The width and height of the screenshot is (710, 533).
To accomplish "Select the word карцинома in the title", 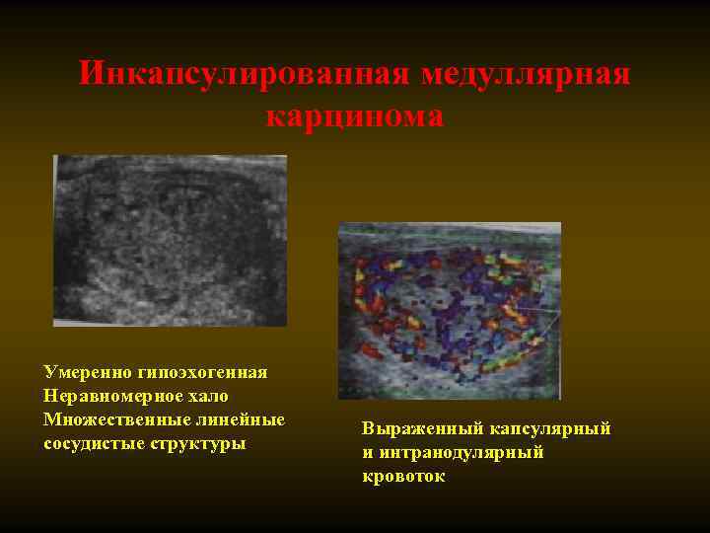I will (355, 116).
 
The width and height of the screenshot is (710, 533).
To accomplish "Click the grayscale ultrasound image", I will (170, 240).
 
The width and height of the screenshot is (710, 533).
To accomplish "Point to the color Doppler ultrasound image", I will (449, 310).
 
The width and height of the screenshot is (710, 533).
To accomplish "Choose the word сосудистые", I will (91, 443).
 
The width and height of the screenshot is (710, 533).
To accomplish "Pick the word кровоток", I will (403, 477).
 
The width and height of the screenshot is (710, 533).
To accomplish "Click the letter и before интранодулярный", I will (368, 453).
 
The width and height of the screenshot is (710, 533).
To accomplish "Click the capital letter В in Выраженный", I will (368, 429).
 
